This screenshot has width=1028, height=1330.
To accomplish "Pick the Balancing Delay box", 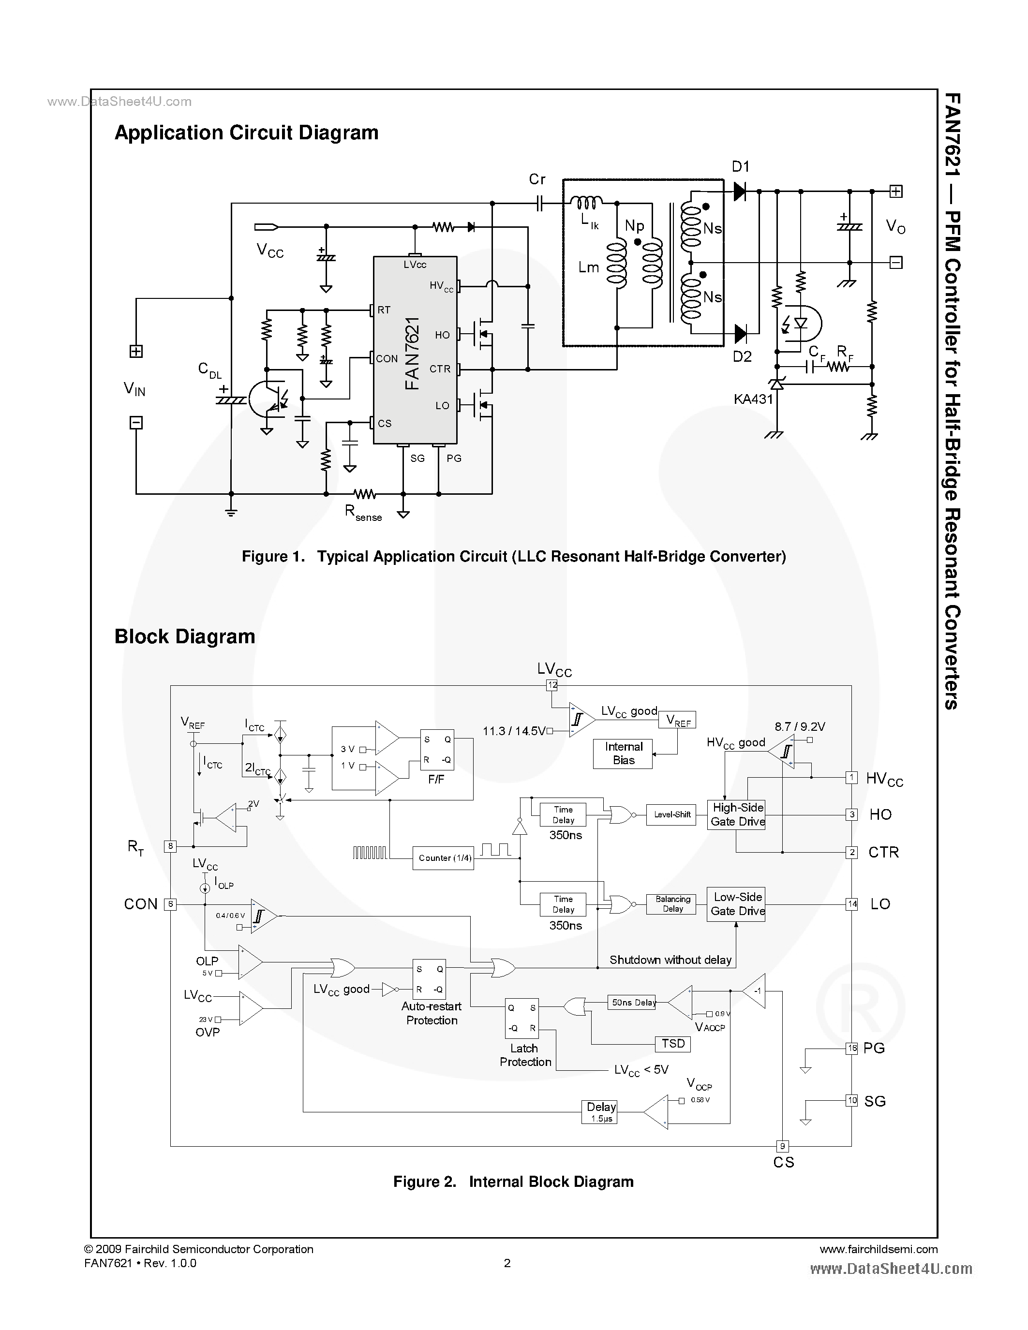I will (672, 904).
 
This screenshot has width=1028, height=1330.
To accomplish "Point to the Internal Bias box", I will (623, 754).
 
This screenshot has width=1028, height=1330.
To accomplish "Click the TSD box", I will (673, 1043).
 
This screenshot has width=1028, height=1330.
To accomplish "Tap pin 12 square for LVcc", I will (552, 685).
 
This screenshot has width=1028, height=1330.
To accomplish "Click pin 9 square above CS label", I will (783, 1146).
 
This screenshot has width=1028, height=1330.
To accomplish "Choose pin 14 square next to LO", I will (851, 904).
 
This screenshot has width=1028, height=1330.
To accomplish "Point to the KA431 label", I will (753, 399).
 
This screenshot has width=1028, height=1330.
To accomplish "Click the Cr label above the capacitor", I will (537, 179).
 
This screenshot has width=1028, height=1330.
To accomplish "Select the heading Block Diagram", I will (184, 636).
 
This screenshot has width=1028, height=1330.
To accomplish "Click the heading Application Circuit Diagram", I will (246, 133).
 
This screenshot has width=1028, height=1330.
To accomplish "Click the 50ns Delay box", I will (633, 1003).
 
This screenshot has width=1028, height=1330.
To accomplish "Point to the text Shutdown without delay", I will (670, 960).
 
